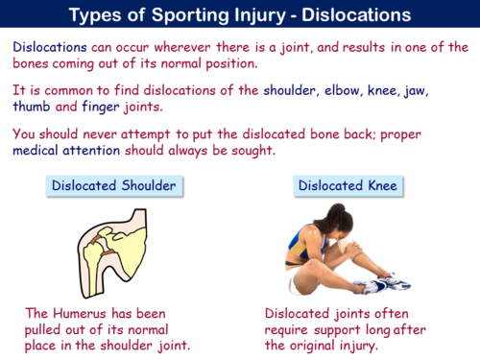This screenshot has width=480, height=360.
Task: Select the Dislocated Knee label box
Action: [336, 185]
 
